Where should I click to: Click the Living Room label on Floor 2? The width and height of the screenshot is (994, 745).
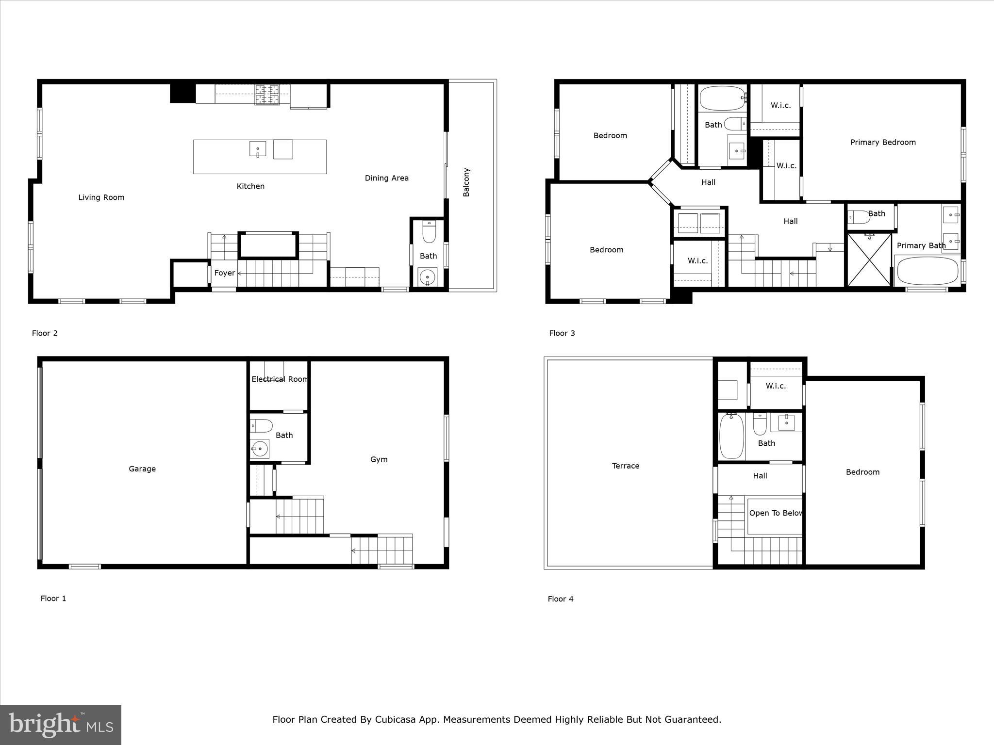coord(101,197)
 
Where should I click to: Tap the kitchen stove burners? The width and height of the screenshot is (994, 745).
coord(267,95)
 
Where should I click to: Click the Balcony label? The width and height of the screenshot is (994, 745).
coord(466,182)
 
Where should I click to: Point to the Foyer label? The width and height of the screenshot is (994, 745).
coord(225,273)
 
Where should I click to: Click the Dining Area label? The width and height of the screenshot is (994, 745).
coord(387,178)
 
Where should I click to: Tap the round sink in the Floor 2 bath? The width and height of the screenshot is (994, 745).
coord(428,278)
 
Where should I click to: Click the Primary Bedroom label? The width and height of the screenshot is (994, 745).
coord(883,142)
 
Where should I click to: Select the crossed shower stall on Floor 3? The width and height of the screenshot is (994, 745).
coord(869,260)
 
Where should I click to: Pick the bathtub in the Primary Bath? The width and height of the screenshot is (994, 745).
coord(928,271)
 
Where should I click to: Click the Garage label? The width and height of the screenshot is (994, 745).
coord(142,469)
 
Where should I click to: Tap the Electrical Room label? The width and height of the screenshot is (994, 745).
coord(279,379)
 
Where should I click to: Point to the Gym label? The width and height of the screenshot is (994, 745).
coord(379,459)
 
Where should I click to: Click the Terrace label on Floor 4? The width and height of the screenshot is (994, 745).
coord(626,466)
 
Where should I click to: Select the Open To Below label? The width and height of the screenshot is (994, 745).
coord(775,513)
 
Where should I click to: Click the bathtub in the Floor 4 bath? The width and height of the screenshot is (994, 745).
coord(732,437)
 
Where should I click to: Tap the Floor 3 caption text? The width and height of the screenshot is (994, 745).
coord(562,333)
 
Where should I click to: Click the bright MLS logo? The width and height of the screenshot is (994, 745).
coord(61,725)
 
